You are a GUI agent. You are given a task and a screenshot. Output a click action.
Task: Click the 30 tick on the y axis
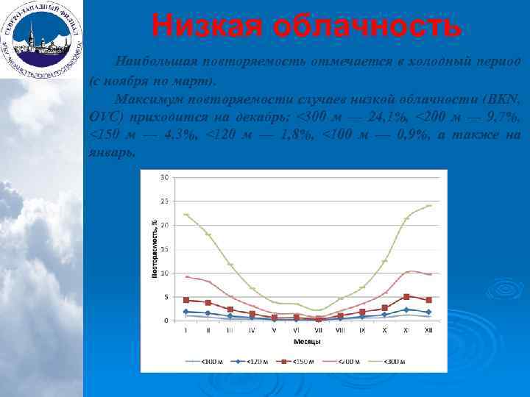click(x=165, y=176)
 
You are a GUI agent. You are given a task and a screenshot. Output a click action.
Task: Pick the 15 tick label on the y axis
click(x=165, y=248)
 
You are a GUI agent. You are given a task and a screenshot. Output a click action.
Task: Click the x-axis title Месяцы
click(x=306, y=341)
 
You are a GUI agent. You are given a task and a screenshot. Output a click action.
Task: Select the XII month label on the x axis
click(x=428, y=331)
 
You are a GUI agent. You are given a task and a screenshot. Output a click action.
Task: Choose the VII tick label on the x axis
click(x=318, y=331)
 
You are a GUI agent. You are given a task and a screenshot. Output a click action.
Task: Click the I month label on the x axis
click(x=186, y=331)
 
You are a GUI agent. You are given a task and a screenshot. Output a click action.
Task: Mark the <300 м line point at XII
click(x=428, y=206)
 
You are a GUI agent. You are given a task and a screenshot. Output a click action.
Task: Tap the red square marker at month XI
click(x=406, y=297)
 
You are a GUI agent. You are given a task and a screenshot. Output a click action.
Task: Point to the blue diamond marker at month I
click(x=186, y=312)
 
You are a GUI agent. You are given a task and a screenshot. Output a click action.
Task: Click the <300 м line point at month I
click(x=186, y=215)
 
